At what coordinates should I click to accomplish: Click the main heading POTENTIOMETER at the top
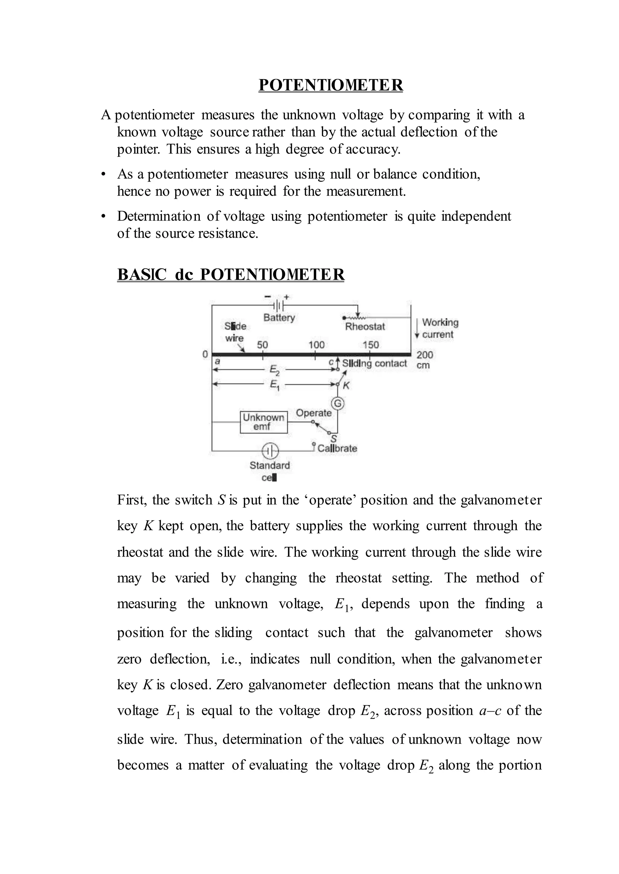click(330, 85)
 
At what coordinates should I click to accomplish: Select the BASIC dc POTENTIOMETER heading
click(231, 274)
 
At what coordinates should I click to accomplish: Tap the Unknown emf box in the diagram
click(263, 422)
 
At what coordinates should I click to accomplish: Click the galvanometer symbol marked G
click(337, 403)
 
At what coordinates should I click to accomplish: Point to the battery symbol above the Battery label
click(278, 305)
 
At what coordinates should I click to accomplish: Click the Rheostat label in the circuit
click(365, 326)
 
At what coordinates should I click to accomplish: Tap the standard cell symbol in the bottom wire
click(270, 451)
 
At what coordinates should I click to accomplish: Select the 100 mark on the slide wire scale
click(316, 345)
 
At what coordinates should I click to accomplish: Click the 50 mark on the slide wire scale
click(262, 345)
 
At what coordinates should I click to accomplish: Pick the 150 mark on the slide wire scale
click(371, 345)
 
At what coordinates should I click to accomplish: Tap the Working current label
click(440, 328)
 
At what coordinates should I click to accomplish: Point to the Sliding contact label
click(374, 363)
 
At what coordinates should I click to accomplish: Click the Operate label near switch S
click(313, 413)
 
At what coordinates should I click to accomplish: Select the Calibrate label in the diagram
click(337, 448)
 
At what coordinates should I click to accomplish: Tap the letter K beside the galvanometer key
click(346, 385)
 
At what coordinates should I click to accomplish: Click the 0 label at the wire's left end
click(205, 354)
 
